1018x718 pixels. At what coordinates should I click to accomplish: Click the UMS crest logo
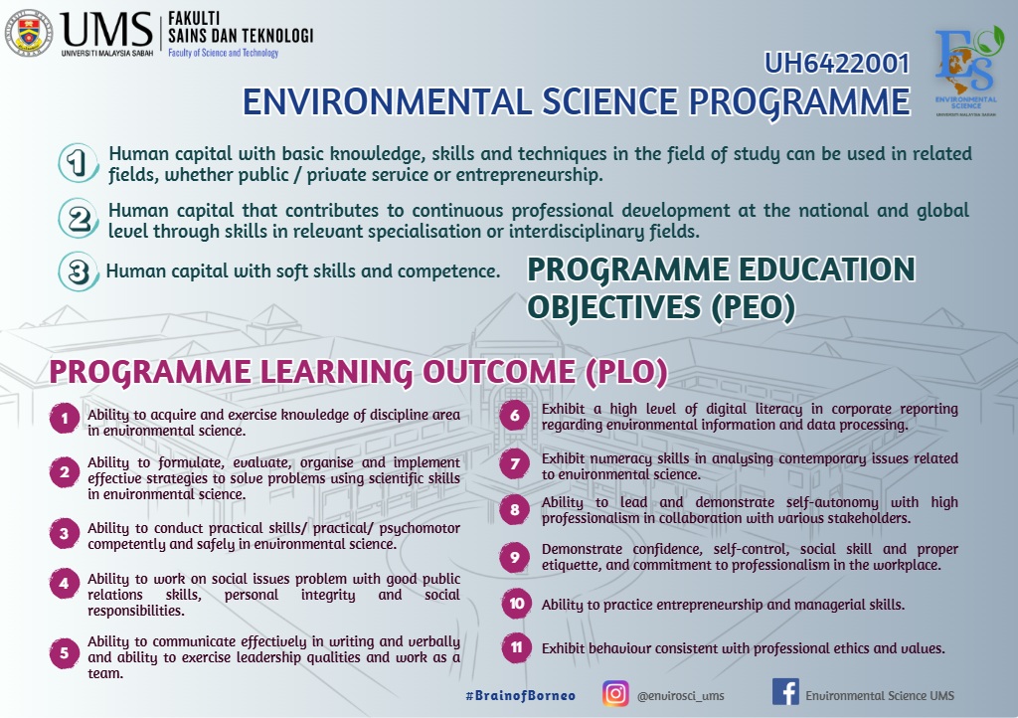[28, 33]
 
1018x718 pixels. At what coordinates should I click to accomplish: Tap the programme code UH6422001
[837, 64]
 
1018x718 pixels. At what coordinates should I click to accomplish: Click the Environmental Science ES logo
[966, 72]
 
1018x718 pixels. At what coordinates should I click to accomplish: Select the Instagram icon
[615, 693]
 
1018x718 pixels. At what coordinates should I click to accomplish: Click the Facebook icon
[785, 692]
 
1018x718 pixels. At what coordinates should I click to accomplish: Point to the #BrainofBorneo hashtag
[520, 695]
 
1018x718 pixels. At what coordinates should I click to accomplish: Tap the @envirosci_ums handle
[680, 696]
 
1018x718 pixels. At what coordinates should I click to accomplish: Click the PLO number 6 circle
[515, 416]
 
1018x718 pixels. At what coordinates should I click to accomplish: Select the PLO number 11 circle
[516, 647]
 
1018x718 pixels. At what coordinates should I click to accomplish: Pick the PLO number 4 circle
[65, 583]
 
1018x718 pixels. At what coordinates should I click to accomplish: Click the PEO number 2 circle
[79, 219]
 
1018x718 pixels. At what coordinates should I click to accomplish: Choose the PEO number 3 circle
[79, 271]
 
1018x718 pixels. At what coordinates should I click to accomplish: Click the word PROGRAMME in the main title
[799, 102]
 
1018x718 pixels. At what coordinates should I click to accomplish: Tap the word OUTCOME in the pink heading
[499, 372]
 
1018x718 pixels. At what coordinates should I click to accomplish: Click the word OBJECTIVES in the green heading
[614, 307]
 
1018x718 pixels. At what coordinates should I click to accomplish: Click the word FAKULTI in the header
[194, 19]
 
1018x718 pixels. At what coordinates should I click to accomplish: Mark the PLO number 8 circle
[515, 509]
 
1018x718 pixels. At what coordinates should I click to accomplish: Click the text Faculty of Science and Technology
[224, 53]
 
